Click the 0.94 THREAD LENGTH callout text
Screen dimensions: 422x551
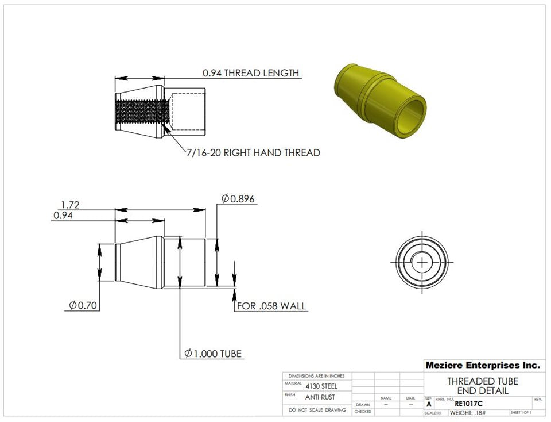251,73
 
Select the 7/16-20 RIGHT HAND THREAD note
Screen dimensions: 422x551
253,153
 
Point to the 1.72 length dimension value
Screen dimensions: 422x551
70,205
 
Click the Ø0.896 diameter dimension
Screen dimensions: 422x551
238,198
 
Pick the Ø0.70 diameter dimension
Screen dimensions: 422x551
83,305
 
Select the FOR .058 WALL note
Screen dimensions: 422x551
271,306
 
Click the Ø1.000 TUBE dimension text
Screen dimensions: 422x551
213,354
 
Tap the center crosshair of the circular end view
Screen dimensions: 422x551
422,262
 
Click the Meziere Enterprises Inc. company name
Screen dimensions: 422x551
482,365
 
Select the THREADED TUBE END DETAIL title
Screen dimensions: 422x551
482,386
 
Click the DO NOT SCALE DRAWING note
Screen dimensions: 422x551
317,410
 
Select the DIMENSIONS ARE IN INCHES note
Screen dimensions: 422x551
317,375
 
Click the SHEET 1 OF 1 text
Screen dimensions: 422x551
520,413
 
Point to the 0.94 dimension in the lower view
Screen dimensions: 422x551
63,216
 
